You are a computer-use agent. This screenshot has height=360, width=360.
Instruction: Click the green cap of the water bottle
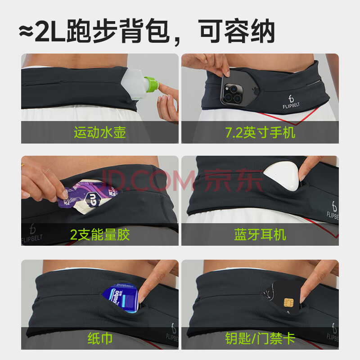pyautogui.click(x=151, y=84)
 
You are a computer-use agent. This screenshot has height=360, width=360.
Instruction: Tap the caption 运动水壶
pyautogui.click(x=100, y=132)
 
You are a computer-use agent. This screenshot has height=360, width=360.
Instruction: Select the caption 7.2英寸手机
pyautogui.click(x=260, y=132)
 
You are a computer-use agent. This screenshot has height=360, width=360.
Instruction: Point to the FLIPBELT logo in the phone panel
pyautogui.click(x=291, y=103)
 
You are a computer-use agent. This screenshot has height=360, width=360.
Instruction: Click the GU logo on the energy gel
pyautogui.click(x=92, y=198)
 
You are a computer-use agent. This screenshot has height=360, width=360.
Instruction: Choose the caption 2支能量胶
pyautogui.click(x=100, y=234)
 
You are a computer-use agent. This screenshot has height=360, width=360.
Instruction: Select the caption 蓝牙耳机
pyautogui.click(x=260, y=234)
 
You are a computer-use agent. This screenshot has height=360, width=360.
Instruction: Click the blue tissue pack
pyautogui.click(x=121, y=298)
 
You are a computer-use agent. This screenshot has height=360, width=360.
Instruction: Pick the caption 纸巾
pyautogui.click(x=100, y=338)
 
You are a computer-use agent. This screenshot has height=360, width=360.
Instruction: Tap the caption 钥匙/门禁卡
pyautogui.click(x=260, y=338)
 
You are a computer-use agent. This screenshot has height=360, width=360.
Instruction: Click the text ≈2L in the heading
pyautogui.click(x=43, y=31)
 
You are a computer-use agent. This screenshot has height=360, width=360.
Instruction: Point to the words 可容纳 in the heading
pyautogui.click(x=238, y=31)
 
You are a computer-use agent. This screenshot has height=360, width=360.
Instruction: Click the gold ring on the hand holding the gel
pyautogui.click(x=22, y=166)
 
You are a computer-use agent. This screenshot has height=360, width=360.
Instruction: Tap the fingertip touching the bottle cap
pyautogui.click(x=162, y=87)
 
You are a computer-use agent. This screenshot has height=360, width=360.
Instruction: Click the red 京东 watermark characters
pyautogui.click(x=233, y=180)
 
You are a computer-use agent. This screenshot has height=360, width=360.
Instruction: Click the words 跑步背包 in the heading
pyautogui.click(x=118, y=31)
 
